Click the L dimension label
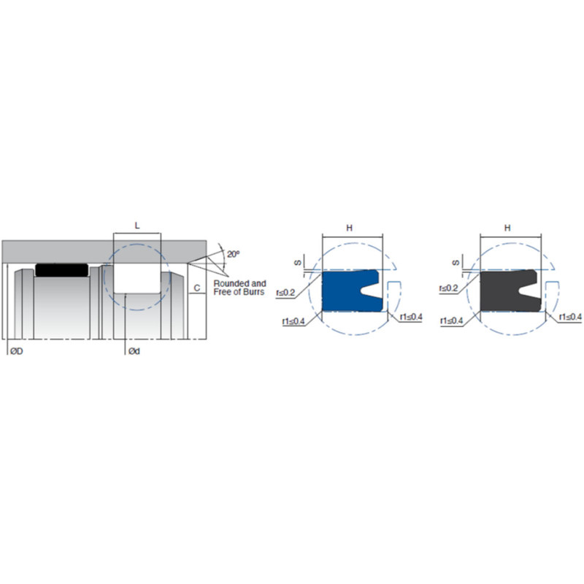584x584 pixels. click(x=137, y=226)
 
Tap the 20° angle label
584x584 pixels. click(x=234, y=254)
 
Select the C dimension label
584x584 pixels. click(x=197, y=288)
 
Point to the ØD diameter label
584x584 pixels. click(x=17, y=351)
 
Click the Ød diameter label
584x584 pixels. click(x=134, y=351)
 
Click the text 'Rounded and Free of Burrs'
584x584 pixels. click(x=239, y=288)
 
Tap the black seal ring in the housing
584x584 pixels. click(x=62, y=270)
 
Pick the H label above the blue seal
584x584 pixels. click(x=349, y=228)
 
